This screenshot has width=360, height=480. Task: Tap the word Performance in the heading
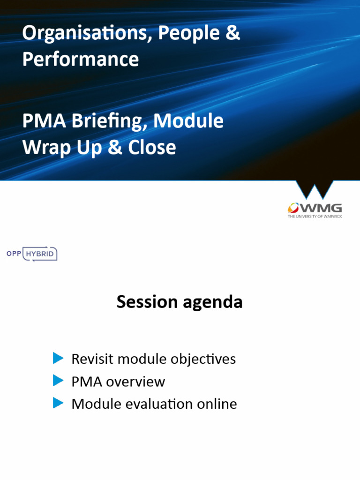[81, 60]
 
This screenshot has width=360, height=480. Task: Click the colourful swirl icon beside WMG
[294, 208]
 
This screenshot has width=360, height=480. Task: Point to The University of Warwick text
[315, 217]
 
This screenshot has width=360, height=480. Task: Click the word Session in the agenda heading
[145, 302]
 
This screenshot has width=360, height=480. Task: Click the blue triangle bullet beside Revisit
[58, 359]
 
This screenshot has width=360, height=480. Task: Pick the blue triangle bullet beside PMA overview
[58, 381]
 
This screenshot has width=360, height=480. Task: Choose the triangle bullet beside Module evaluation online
[58, 403]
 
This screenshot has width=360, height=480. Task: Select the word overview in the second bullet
[135, 382]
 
